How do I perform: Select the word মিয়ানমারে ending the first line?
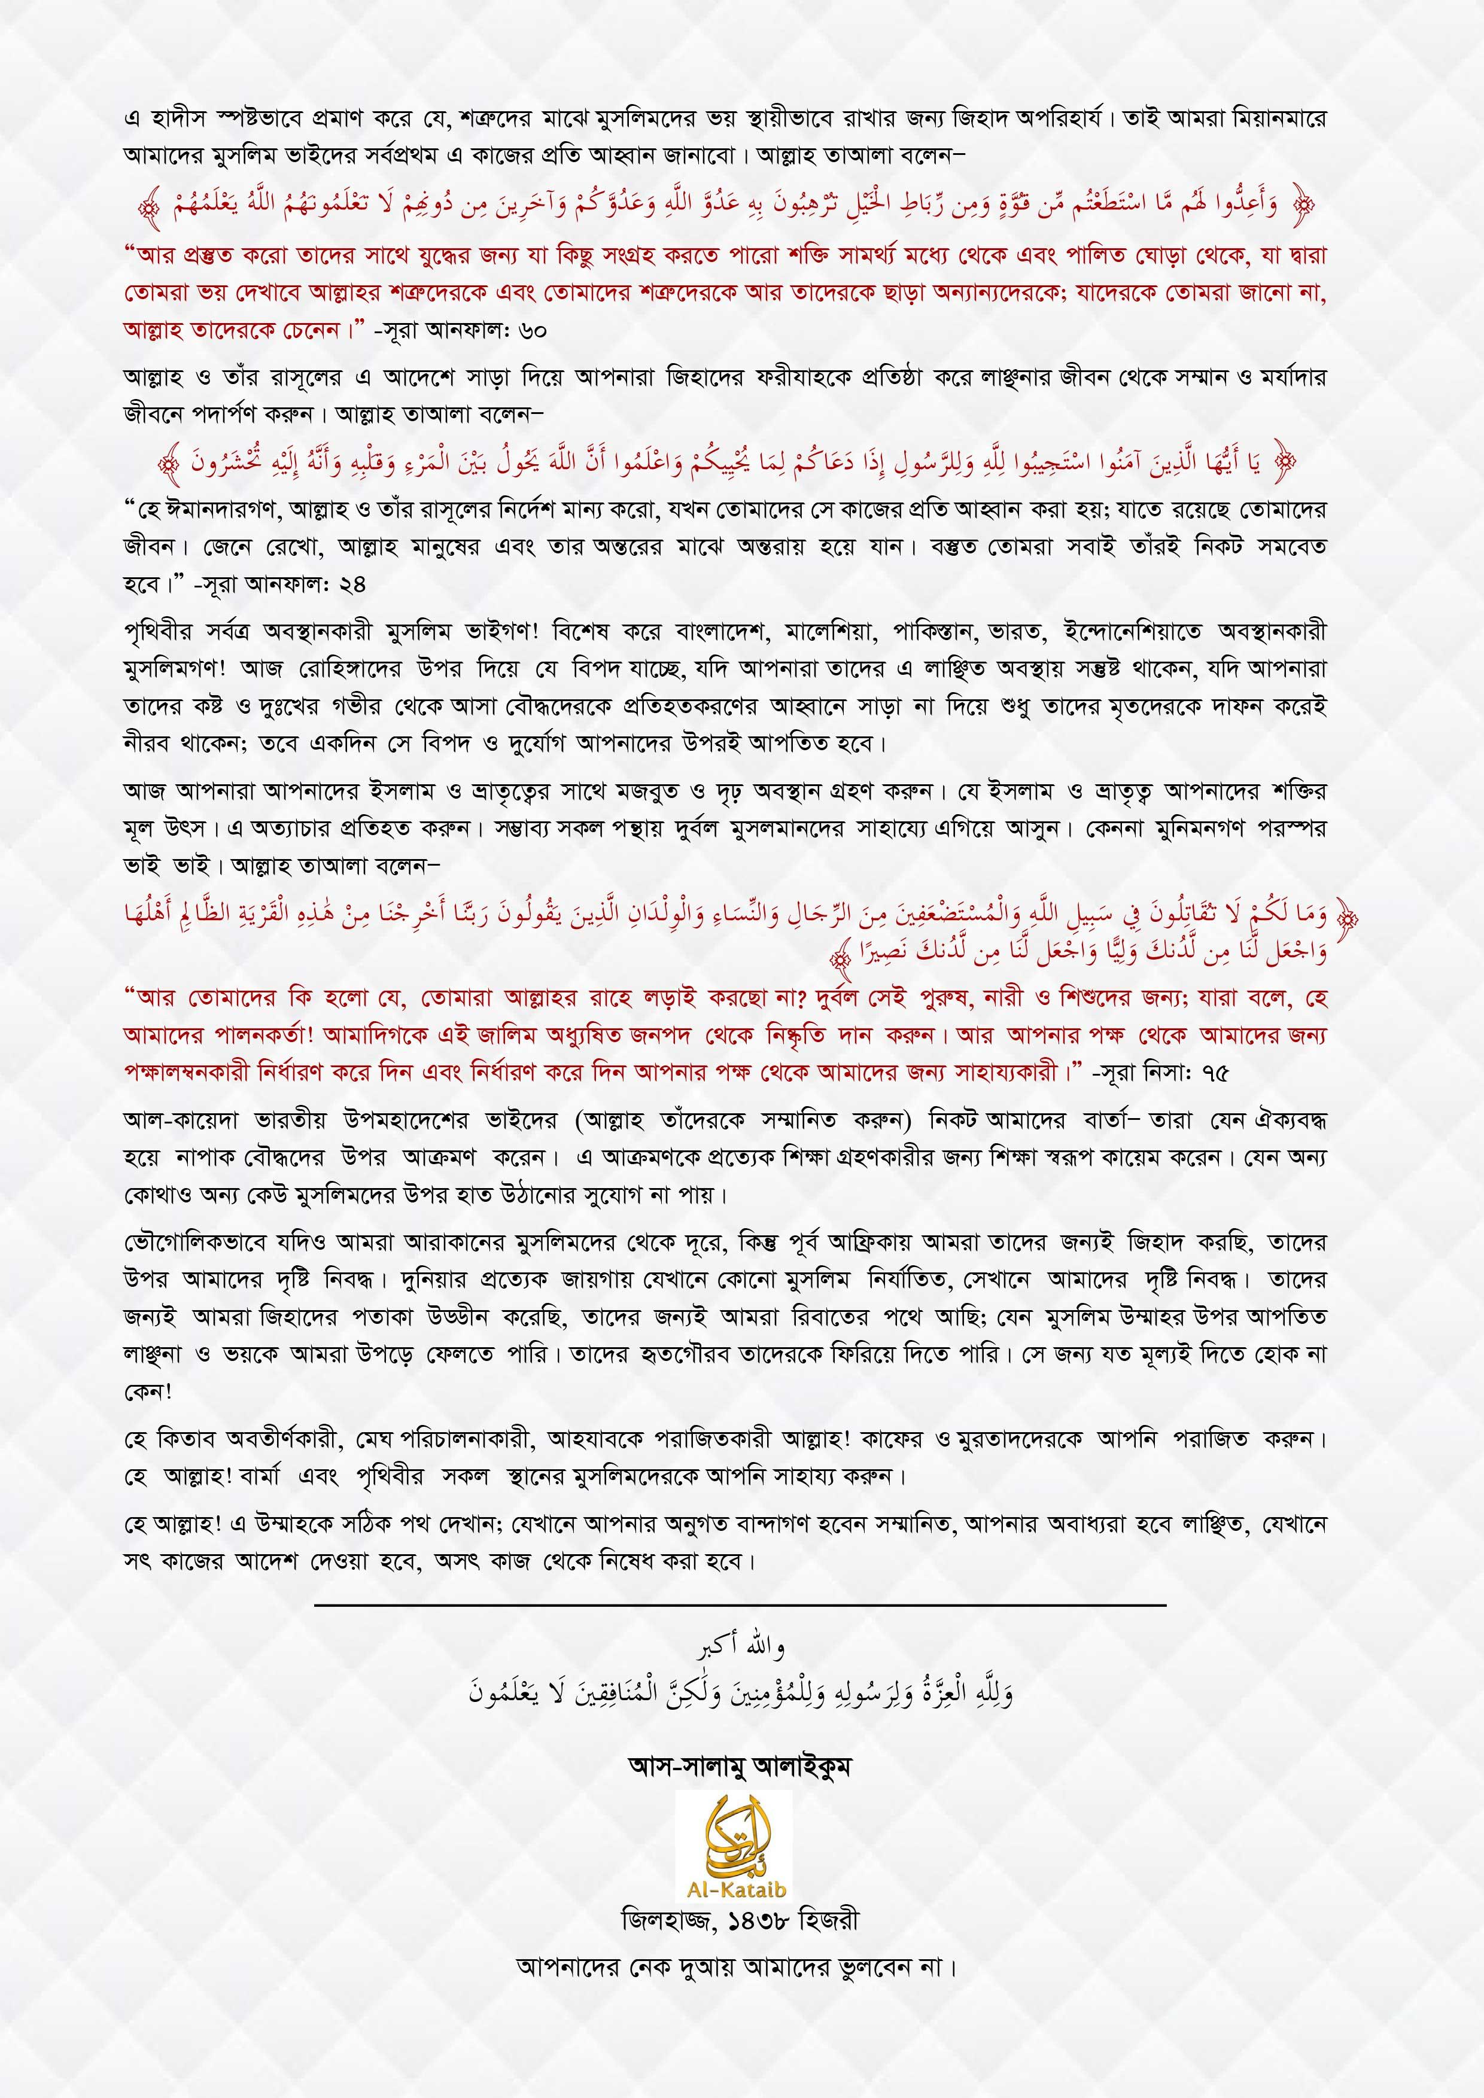pos(1284,120)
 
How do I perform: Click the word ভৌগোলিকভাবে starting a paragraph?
pos(187,1243)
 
